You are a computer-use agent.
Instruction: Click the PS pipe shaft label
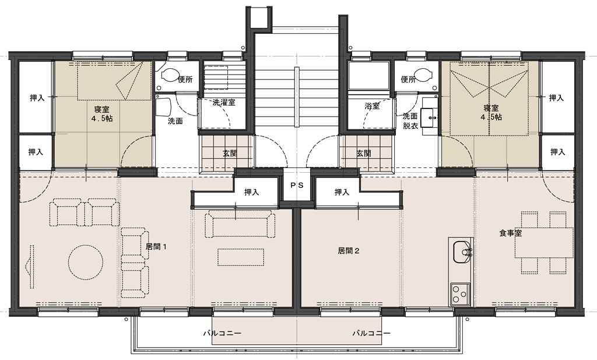[x=297, y=186]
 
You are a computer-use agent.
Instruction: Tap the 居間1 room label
[x=156, y=246]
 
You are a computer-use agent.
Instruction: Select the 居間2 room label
[x=349, y=251]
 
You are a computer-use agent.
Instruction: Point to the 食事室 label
[x=511, y=233]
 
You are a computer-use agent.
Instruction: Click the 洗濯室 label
[x=223, y=102]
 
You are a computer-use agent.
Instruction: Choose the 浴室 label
[x=372, y=106]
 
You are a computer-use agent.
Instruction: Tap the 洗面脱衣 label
[x=410, y=121]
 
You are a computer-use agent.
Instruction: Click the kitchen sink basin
[x=462, y=252]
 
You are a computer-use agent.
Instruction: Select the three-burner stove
[x=460, y=295]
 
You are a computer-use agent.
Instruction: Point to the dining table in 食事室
[x=544, y=243]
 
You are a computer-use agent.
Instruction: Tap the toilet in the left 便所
[x=170, y=75]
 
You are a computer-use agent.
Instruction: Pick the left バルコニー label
[x=222, y=333]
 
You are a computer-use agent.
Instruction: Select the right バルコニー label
[x=371, y=333]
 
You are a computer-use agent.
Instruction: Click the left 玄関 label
[x=230, y=153]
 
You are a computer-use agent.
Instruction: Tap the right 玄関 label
[x=364, y=153]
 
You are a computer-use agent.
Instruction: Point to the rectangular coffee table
[x=241, y=257]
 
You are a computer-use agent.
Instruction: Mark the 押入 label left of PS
[x=252, y=193]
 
